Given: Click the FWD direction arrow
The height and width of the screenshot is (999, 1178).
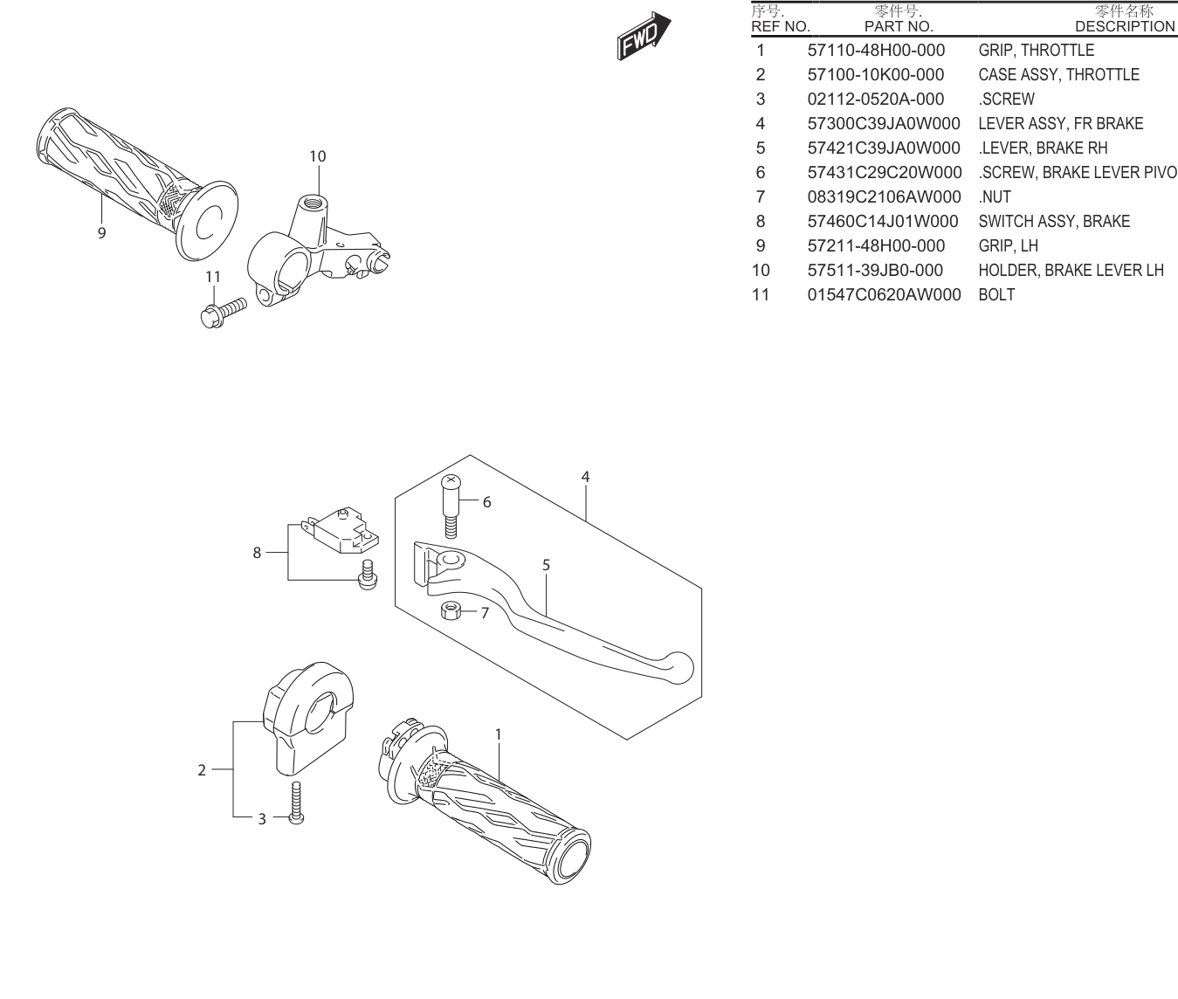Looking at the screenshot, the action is coord(644,36).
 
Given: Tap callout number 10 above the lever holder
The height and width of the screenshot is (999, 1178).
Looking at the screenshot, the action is coord(318,156).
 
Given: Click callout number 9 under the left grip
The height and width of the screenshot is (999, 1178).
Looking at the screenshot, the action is coord(101,232).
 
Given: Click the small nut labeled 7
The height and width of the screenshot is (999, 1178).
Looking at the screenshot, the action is coord(451,611).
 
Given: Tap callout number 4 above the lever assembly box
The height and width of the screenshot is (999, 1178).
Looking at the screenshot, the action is coord(585,477).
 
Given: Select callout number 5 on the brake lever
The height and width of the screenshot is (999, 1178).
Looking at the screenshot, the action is coord(546,565).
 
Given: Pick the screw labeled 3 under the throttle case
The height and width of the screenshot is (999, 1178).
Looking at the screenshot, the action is coord(296,803).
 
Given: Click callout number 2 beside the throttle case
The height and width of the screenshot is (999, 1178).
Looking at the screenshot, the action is coord(202,770).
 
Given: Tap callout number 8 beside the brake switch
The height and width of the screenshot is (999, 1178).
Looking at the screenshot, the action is coord(257,552).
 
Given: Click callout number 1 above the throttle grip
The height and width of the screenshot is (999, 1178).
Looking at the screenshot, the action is coord(498,734).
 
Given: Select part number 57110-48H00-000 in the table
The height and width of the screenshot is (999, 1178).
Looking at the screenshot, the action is coord(876,50).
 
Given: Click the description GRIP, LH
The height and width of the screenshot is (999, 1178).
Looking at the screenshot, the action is coord(1009,245).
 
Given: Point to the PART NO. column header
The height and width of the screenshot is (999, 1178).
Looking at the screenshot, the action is coord(899,26).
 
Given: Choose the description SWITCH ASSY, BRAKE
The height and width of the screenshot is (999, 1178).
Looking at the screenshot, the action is coord(1054,221).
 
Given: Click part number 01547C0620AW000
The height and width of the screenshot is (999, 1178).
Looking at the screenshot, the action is coord(884,294).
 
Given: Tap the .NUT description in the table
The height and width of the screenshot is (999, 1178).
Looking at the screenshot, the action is coord(995,196).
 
